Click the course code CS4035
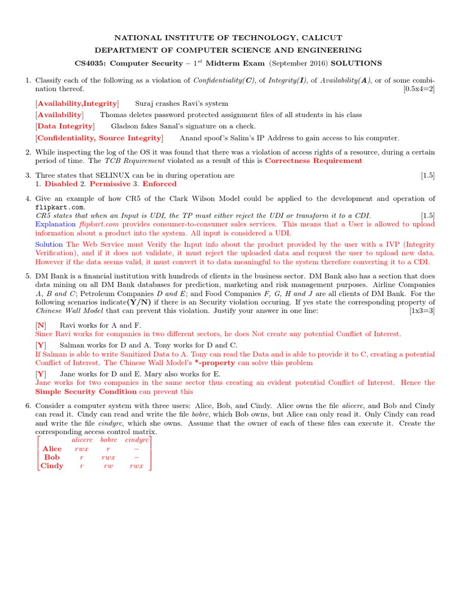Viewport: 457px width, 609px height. click(x=89, y=63)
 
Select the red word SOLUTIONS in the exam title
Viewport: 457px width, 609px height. click(x=357, y=63)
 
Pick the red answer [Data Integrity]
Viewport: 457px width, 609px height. click(x=65, y=126)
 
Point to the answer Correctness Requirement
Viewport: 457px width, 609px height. click(x=313, y=161)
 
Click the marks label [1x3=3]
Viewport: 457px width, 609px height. click(x=422, y=310)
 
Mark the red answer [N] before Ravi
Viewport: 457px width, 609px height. click(x=40, y=325)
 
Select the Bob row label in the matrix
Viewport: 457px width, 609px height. click(x=52, y=457)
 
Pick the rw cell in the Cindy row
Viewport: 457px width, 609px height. click(x=108, y=466)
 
